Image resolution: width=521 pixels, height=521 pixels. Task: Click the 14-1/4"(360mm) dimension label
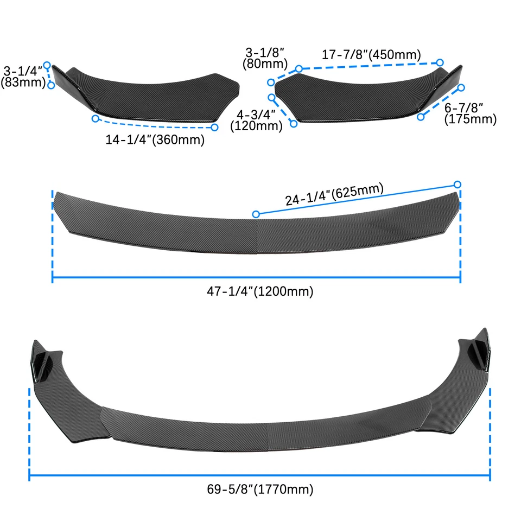coord(155,139)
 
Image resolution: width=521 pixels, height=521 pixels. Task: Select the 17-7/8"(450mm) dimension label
coord(372,55)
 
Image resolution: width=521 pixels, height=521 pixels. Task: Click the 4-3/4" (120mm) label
coord(257,120)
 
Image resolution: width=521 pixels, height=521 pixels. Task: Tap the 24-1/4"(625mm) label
coord(334,194)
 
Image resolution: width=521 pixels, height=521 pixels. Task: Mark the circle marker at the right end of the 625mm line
coord(458,184)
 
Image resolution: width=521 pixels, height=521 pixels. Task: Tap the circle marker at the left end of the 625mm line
coord(257,214)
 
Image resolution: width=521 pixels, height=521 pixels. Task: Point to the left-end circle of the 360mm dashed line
coord(95,118)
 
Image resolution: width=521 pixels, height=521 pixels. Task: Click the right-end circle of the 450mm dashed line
coord(440,63)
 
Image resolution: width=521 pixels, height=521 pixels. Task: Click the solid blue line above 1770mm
coord(259,478)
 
